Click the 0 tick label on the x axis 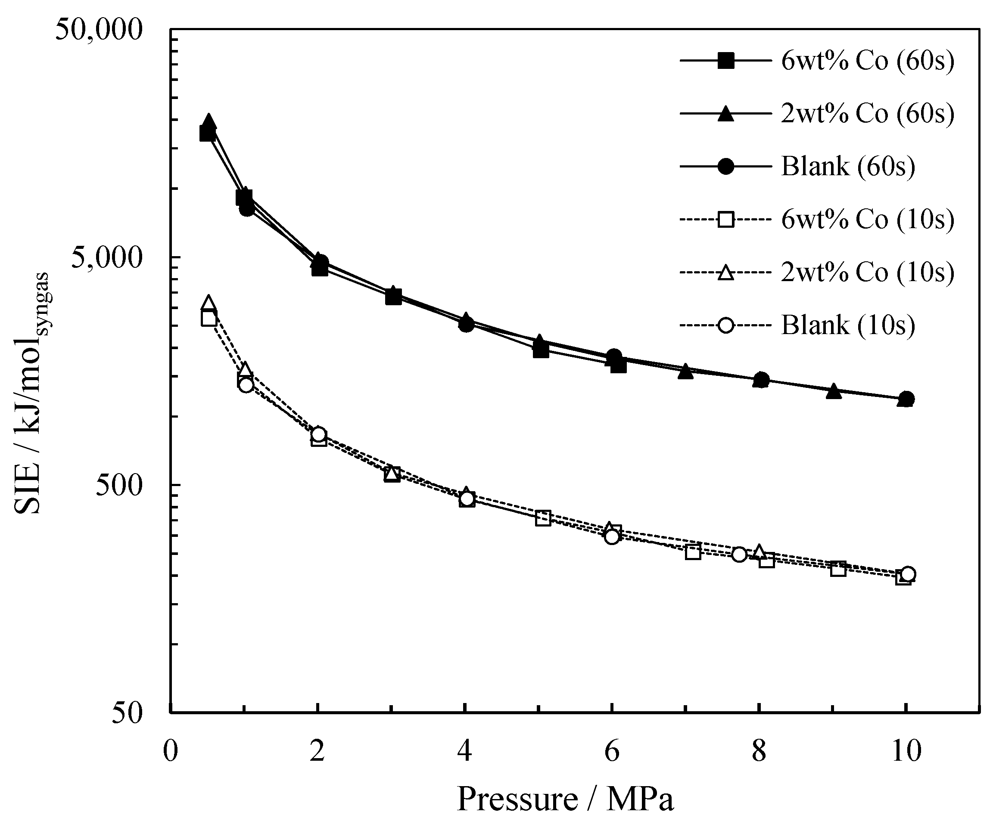[170, 750]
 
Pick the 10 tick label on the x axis [906, 750]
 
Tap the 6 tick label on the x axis [611, 750]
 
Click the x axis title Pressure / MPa [565, 798]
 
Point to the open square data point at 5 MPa [543, 518]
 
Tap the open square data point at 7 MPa [693, 551]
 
